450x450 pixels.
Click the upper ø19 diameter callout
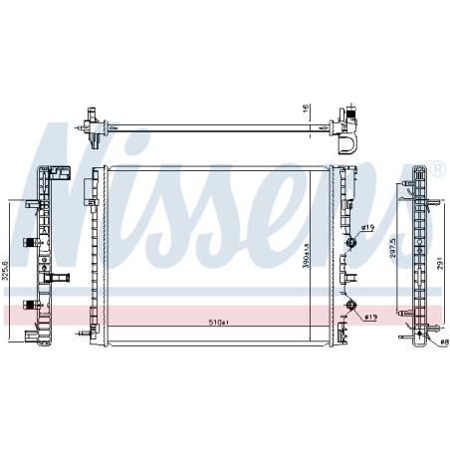[366, 228]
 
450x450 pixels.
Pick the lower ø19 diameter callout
[368, 319]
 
